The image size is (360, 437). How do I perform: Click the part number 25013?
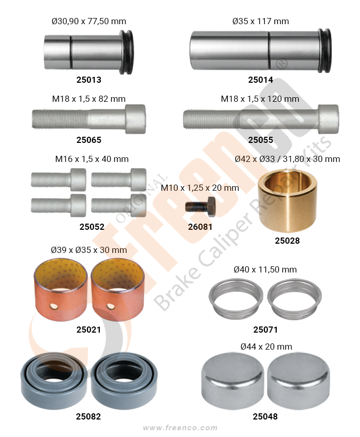[88, 80]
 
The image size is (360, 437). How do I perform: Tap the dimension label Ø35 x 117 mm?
[260, 21]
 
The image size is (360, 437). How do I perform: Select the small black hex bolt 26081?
[200, 207]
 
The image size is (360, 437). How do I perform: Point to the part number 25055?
[260, 140]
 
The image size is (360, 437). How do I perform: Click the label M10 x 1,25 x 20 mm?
[200, 188]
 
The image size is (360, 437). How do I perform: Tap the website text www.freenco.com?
[180, 428]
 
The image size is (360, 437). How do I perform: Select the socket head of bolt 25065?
[135, 119]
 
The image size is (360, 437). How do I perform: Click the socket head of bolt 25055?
[329, 119]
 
